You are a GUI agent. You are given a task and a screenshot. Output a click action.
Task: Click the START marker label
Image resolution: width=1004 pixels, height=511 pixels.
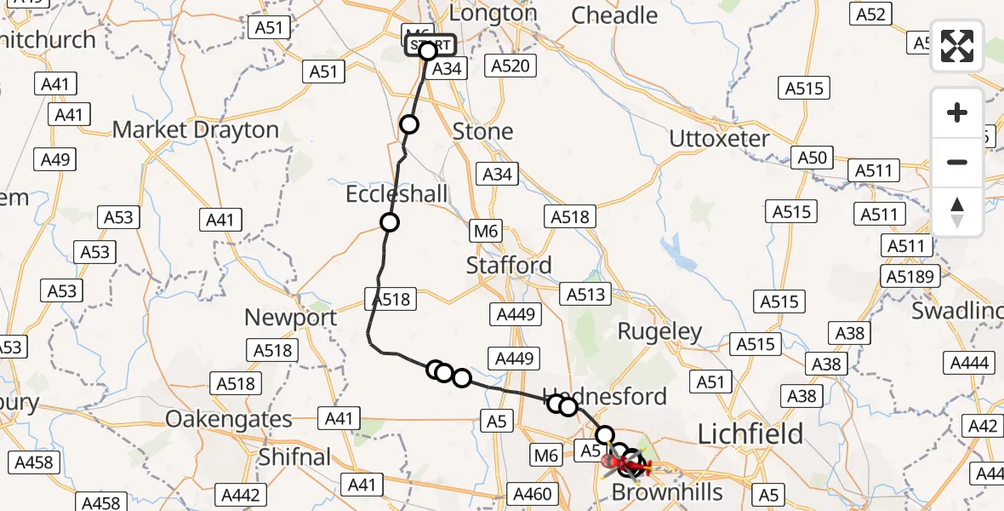(x=430, y=44)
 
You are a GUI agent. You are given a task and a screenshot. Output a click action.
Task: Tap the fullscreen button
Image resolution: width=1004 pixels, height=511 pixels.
(x=957, y=46)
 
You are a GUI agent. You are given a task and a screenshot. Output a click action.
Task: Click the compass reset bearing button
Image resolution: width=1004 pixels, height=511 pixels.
(x=957, y=211)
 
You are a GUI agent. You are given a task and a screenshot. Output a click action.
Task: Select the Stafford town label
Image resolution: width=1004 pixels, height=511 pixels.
(x=509, y=265)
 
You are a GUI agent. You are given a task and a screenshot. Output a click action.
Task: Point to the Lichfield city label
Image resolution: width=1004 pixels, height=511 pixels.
(x=750, y=434)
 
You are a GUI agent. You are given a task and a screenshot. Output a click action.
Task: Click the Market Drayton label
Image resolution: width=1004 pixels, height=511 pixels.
(x=196, y=130)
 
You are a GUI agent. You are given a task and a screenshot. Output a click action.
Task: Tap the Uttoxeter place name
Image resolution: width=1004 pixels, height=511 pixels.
(x=719, y=139)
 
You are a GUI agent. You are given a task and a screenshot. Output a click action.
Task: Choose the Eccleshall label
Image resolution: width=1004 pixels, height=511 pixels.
(x=396, y=194)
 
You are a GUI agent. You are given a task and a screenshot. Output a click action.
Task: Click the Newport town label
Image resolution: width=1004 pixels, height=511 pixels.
(x=290, y=318)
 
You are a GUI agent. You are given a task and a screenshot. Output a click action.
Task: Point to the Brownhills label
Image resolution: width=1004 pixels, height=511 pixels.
(x=667, y=492)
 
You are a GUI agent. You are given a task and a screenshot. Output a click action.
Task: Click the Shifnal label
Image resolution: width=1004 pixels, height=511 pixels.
(x=294, y=457)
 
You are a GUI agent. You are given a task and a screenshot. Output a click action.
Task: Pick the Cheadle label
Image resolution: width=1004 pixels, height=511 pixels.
(x=614, y=15)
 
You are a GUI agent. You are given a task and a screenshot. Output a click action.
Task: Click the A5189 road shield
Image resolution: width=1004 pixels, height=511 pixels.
(x=911, y=276)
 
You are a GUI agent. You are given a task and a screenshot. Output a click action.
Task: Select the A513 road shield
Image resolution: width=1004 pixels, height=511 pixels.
(x=586, y=295)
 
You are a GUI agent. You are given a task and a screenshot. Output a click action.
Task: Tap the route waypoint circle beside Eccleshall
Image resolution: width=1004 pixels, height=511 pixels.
(x=390, y=223)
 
